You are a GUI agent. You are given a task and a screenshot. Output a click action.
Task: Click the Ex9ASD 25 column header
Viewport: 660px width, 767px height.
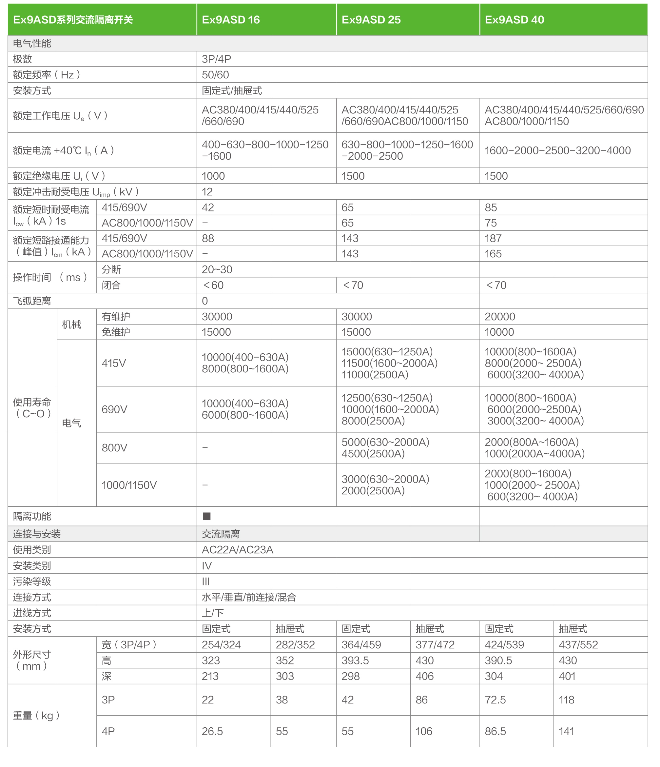[371, 20]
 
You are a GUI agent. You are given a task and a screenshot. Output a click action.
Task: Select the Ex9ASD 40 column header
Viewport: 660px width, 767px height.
[514, 20]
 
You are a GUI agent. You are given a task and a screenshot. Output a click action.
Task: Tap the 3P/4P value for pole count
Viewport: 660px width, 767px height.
[216, 59]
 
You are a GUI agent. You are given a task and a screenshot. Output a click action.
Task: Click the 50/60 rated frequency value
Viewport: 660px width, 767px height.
[215, 75]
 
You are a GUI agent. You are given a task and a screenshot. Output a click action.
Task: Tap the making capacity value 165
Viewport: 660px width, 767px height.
[493, 254]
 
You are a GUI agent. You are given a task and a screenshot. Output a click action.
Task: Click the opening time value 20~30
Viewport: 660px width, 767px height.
[217, 269]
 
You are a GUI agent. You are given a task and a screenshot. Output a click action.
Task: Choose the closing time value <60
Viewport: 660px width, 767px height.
[213, 285]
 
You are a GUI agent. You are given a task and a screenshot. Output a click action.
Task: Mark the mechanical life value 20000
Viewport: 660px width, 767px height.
[500, 317]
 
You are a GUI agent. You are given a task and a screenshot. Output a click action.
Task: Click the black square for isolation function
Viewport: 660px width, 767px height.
[206, 516]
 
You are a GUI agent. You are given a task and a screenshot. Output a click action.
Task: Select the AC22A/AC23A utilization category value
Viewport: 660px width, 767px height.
[237, 550]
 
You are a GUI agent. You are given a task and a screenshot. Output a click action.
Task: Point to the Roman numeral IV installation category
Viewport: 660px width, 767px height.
[206, 566]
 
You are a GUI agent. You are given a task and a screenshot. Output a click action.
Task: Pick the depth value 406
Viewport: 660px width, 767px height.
[424, 676]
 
